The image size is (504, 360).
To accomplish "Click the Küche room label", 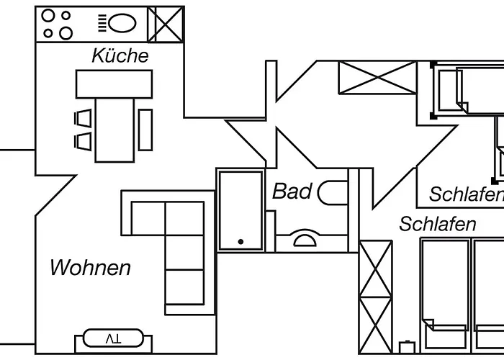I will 120,56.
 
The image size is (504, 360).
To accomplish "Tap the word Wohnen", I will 90,268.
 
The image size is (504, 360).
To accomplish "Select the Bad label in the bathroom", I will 292,192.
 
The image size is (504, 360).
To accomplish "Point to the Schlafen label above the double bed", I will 438,224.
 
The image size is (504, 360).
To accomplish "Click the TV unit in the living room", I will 113,338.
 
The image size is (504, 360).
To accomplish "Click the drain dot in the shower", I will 241,242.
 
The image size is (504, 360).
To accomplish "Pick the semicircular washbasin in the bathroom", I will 304,240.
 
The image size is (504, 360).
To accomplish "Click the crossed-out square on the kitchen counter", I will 166,23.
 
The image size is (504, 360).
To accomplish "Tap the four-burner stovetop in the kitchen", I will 57,23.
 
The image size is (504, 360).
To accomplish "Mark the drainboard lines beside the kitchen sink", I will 102,22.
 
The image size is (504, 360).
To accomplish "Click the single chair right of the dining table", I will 145,130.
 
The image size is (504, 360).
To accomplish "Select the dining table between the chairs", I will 114,130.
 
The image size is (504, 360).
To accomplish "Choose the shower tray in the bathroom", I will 241,211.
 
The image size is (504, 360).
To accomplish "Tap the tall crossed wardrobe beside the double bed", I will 376,295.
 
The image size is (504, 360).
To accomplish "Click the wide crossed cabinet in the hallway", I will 377,77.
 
